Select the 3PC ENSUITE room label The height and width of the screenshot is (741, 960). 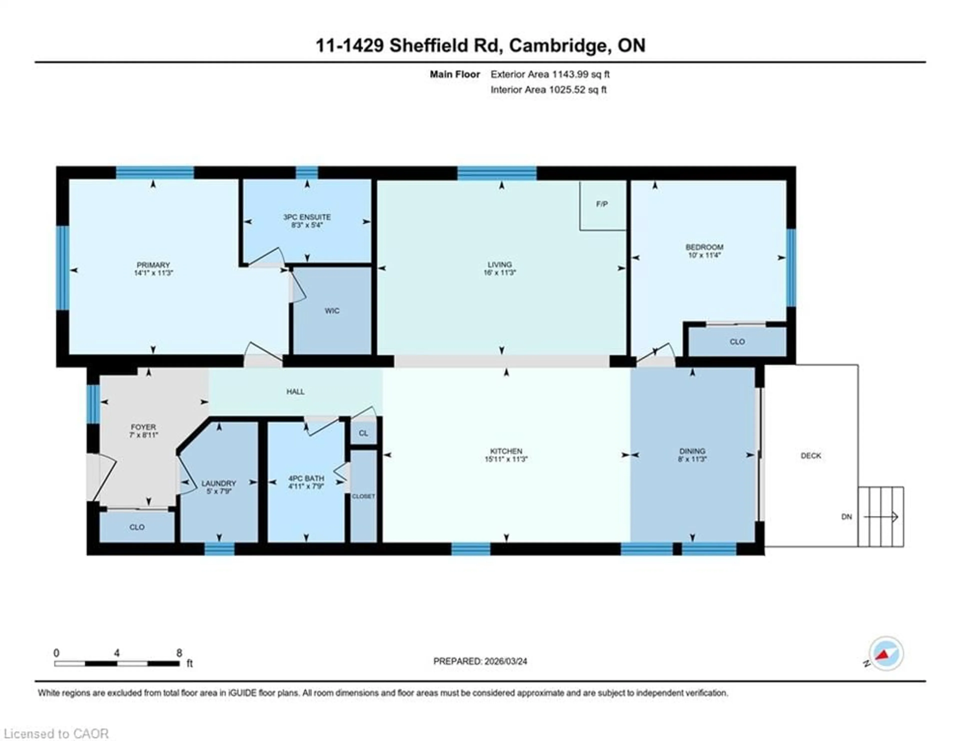click(x=307, y=217)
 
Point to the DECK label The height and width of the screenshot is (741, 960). click(x=810, y=456)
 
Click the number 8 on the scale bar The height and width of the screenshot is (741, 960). click(x=179, y=653)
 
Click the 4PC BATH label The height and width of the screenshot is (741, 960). click(x=306, y=478)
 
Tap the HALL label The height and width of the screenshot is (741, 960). click(x=295, y=391)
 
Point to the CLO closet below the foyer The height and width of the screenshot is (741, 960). click(x=137, y=527)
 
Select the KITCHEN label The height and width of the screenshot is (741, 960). click(x=506, y=451)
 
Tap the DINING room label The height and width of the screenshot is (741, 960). click(x=692, y=451)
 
